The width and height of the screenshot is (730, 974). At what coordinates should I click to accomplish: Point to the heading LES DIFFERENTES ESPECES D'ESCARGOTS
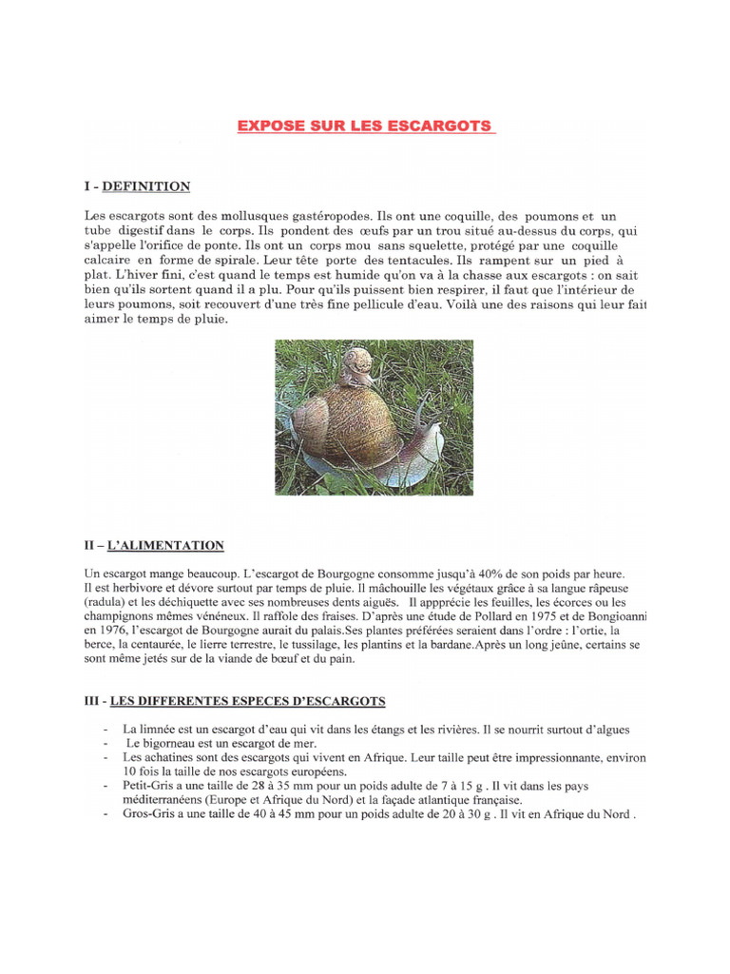coord(248,701)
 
